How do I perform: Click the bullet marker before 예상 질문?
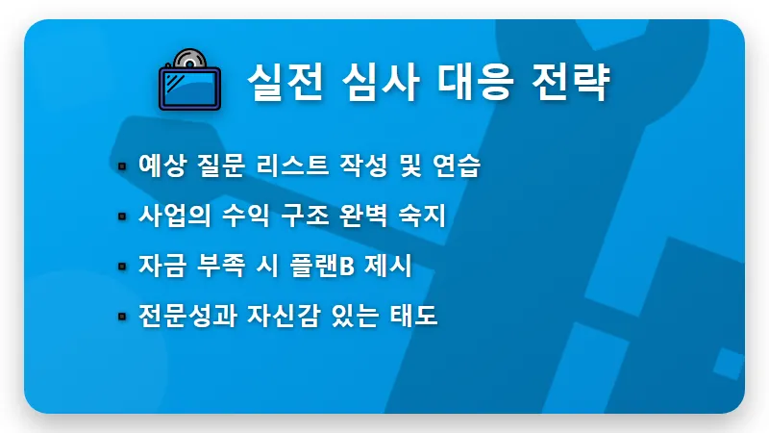(122, 166)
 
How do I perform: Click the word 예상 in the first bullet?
(161, 166)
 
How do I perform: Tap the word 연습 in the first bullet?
(458, 166)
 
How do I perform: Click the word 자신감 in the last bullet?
(279, 316)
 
